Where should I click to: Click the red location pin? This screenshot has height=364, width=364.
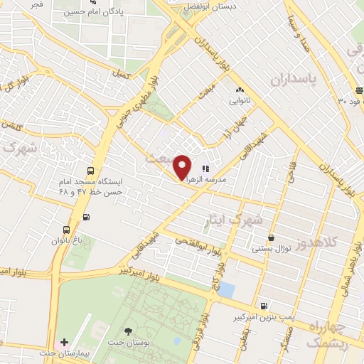pyautogui.click(x=182, y=166)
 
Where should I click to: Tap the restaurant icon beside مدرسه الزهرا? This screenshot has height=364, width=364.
pyautogui.click(x=205, y=168)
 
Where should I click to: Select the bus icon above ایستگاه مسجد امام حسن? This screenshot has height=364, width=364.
pyautogui.click(x=90, y=171)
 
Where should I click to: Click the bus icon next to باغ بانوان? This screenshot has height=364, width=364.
pyautogui.click(x=66, y=230)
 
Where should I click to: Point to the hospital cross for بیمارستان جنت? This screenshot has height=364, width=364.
pyautogui.click(x=65, y=343)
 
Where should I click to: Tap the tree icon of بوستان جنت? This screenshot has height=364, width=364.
pyautogui.click(x=128, y=331)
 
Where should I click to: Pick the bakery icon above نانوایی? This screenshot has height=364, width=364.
pyautogui.click(x=240, y=90)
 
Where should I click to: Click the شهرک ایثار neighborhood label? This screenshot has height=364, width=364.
pyautogui.click(x=235, y=220)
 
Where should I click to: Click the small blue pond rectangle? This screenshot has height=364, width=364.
pyautogui.click(x=226, y=289)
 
